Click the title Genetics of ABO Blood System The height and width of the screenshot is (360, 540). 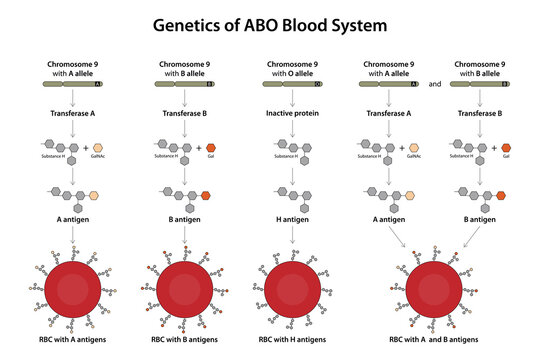click(x=270, y=23)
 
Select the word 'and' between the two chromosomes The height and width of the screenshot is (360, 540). click(x=434, y=85)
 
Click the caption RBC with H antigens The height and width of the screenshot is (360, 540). click(x=291, y=341)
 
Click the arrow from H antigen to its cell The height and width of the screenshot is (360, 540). click(x=291, y=235)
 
